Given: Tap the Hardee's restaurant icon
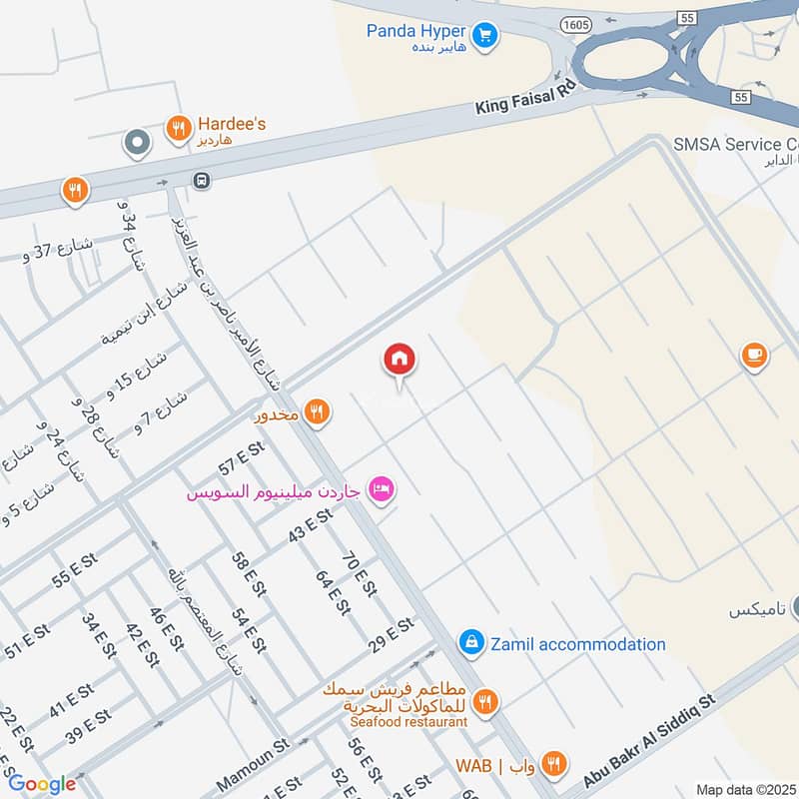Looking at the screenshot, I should click(178, 128).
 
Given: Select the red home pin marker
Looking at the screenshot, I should click(399, 361).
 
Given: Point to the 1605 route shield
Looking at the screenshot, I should click(575, 23).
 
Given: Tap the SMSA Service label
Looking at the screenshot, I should click(735, 144).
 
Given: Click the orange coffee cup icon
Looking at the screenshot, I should click(754, 355).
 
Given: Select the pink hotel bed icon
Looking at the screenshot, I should click(382, 489).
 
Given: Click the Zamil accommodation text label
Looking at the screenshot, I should click(577, 644).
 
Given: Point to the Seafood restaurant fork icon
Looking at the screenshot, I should click(485, 702).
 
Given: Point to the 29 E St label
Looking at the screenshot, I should click(391, 631).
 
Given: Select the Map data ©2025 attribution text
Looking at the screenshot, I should click(744, 789).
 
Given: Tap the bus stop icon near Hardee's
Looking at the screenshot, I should click(202, 181).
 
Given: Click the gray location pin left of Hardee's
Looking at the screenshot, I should click(136, 143).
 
